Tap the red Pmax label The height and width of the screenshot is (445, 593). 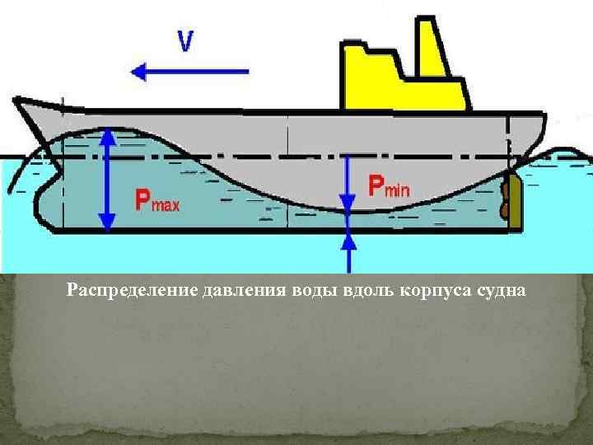point(156,200)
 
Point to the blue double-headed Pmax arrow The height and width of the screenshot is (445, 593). point(106,181)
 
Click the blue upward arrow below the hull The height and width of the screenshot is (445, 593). point(348,252)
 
